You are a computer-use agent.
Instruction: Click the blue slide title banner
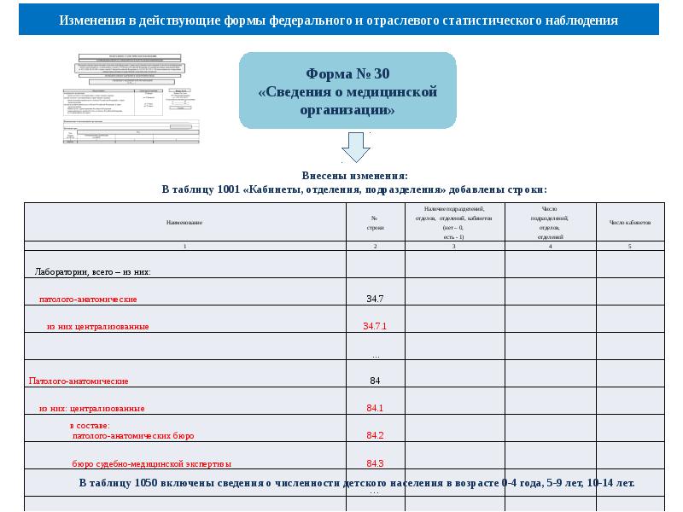339,20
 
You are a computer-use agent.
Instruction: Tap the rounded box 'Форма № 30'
347,90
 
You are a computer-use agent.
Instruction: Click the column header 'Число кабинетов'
630,223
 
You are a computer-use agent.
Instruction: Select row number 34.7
375,300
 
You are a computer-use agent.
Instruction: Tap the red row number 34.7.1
375,327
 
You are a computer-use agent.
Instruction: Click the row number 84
375,381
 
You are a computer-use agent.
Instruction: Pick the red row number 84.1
375,408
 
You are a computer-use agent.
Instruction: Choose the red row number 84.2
375,436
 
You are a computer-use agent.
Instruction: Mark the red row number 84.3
375,464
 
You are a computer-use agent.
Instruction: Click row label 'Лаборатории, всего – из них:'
92,272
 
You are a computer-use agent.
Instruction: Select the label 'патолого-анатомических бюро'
132,436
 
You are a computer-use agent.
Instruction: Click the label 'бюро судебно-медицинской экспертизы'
151,464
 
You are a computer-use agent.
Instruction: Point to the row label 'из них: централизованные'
91,408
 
